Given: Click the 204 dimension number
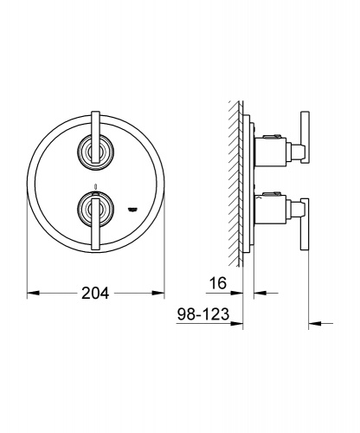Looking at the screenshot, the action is pos(95,293).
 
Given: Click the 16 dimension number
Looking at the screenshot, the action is pos(218,283).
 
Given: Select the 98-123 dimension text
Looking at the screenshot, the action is pos(203,313).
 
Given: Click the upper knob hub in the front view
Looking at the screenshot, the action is pos(95,152).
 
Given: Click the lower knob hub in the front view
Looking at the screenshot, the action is pos(95,209).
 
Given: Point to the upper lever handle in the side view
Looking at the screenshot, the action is pos(305,138).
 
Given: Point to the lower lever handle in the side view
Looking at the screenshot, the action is pos(305,224).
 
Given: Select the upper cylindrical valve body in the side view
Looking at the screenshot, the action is pos(270,152).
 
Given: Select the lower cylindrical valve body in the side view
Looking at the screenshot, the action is pos(270,210).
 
